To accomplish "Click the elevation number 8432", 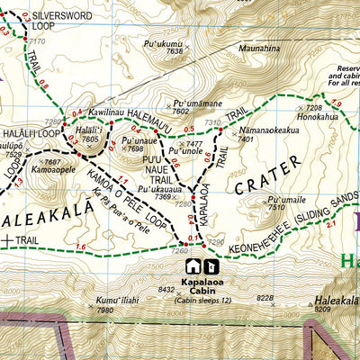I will coord(166,289).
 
